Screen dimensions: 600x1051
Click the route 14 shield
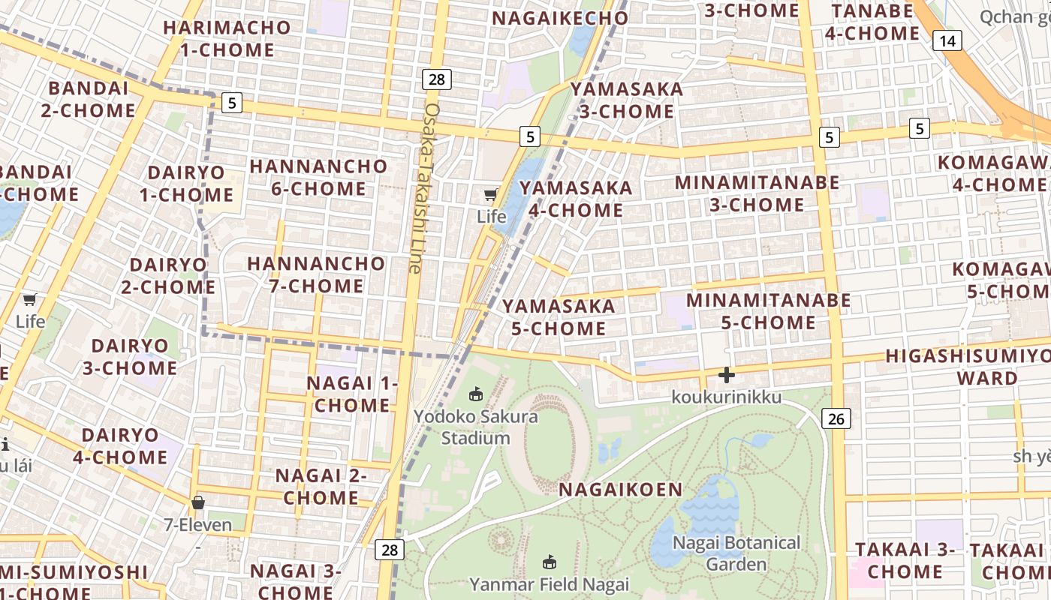pyautogui.click(x=947, y=40)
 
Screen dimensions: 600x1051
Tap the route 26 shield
pyautogui.click(x=836, y=418)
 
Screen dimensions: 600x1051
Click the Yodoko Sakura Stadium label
pyautogui.click(x=476, y=427)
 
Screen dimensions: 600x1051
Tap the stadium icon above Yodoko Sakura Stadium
pyautogui.click(x=475, y=394)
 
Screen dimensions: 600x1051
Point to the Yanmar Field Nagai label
pyautogui.click(x=549, y=583)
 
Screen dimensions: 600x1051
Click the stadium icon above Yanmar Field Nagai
pyautogui.click(x=550, y=561)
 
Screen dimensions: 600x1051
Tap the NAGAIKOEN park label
pyautogui.click(x=621, y=490)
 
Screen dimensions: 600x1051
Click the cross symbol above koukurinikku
pyautogui.click(x=726, y=374)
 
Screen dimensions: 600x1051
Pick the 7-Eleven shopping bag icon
pyautogui.click(x=198, y=502)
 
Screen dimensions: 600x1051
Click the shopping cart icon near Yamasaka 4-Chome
pyautogui.click(x=490, y=195)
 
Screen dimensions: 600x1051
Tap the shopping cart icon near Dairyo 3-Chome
pyautogui.click(x=30, y=300)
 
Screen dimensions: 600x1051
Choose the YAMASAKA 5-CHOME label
pyautogui.click(x=559, y=316)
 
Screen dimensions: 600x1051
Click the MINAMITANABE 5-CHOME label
pyautogui.click(x=768, y=311)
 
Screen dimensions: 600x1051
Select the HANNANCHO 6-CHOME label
pyautogui.click(x=318, y=177)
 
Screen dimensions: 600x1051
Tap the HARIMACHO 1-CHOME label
pyautogui.click(x=227, y=38)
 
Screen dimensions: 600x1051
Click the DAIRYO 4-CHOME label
pyautogui.click(x=120, y=445)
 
